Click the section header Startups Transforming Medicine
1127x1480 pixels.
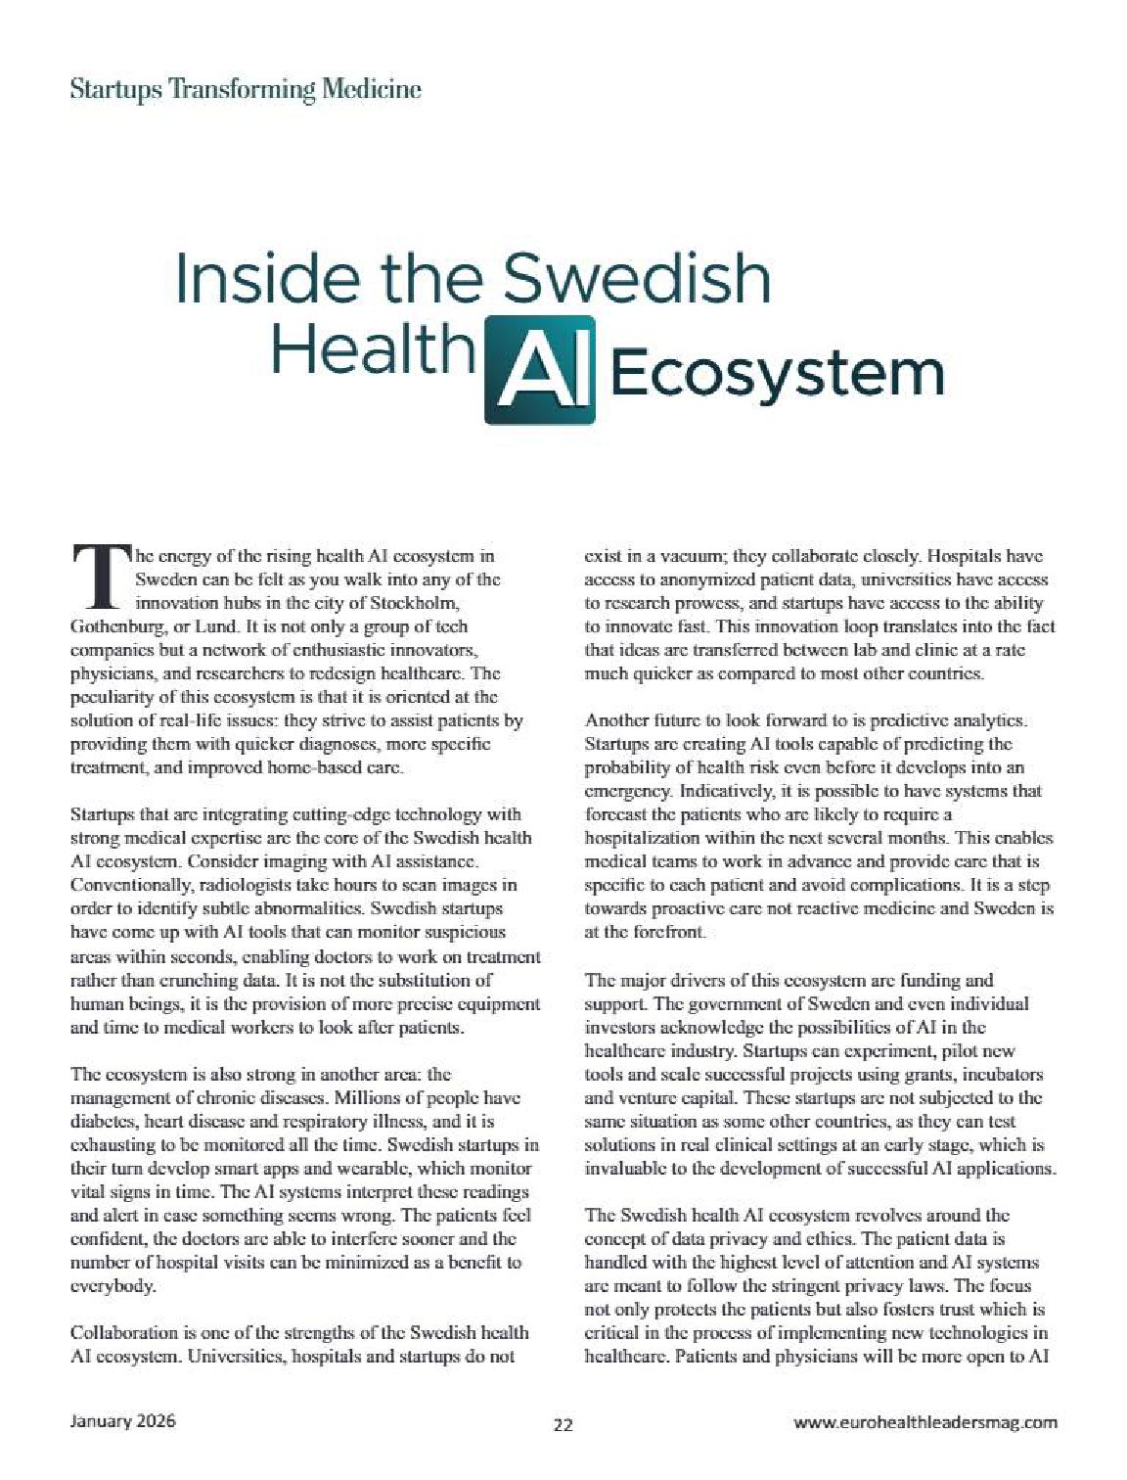[x=246, y=90]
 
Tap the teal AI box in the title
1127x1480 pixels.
[x=540, y=369]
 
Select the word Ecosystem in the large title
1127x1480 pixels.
[x=778, y=375]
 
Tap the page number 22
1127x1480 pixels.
[x=563, y=1424]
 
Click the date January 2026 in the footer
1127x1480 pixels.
[x=123, y=1421]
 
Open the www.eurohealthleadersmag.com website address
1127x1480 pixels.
[x=924, y=1422]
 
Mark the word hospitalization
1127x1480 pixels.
[x=641, y=839]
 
